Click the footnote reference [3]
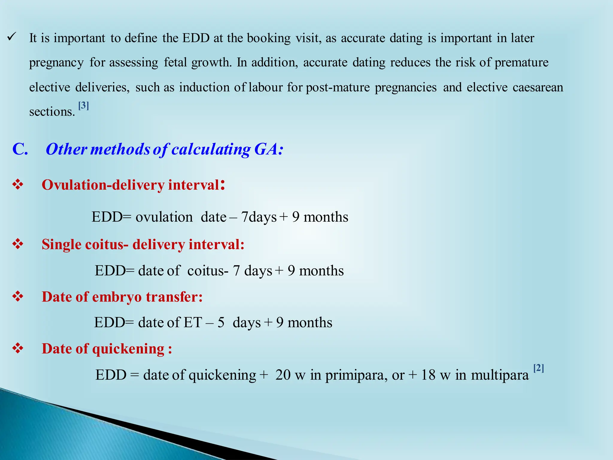coord(84,105)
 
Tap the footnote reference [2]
coord(538,368)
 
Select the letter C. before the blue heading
coord(20,149)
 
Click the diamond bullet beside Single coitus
coord(18,244)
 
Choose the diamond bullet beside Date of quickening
coord(18,348)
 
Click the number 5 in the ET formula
coord(221,323)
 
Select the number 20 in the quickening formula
coord(283,375)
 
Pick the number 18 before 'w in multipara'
coord(428,375)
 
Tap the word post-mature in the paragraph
coord(338,87)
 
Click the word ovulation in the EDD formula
coord(164,217)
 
